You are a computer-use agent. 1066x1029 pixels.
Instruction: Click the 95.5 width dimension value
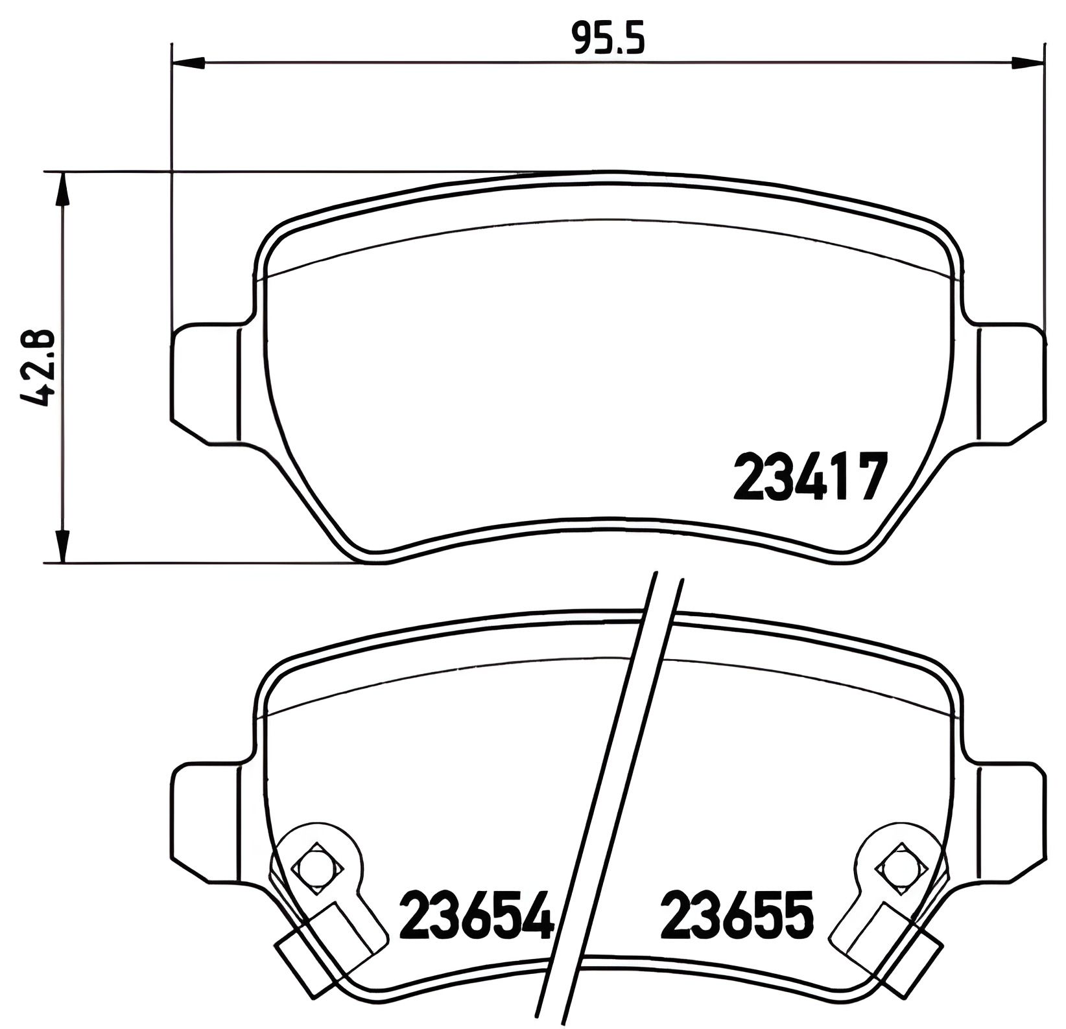608,38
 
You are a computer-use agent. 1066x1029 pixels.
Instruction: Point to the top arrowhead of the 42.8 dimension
62,188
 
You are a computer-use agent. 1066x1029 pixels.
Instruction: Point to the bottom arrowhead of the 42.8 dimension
62,548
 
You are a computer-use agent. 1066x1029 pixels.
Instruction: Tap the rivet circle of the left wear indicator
316,867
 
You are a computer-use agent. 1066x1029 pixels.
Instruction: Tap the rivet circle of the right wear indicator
899,867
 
